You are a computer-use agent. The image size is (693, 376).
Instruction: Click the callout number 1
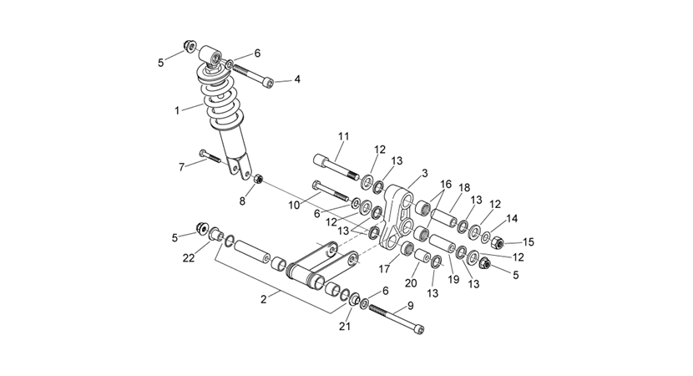(x=177, y=110)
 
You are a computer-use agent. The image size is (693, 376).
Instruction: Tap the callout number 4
(x=297, y=79)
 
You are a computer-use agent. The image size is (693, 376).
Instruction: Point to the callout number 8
(x=242, y=201)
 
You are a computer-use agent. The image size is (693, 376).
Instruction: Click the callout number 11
(x=344, y=136)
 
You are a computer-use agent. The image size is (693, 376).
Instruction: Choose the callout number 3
(x=425, y=173)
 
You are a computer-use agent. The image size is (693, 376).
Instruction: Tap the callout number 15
(x=529, y=242)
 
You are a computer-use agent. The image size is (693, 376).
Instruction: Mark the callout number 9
(x=410, y=305)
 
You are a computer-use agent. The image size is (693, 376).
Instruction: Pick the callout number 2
(x=264, y=299)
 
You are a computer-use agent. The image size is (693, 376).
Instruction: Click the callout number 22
(x=189, y=258)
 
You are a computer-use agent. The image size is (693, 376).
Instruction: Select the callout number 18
(x=464, y=187)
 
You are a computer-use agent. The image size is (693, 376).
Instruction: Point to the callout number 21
(x=345, y=327)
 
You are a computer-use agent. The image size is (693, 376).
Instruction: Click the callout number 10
(x=294, y=206)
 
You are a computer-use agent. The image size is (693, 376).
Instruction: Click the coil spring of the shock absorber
(x=220, y=99)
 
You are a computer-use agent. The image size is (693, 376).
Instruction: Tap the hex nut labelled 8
(x=259, y=179)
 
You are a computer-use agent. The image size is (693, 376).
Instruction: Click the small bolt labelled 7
(x=210, y=156)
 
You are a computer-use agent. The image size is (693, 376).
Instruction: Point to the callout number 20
(x=411, y=282)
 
